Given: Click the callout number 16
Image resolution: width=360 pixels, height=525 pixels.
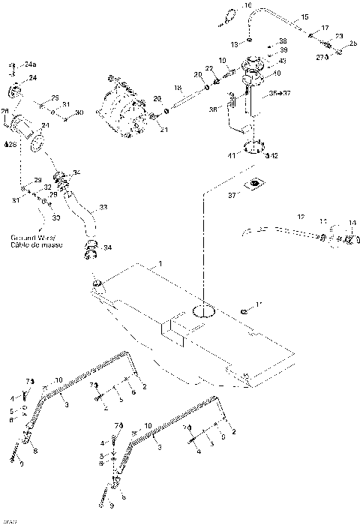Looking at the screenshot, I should point(248,6).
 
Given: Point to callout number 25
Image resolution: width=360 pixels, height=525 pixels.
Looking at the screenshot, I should point(352,44).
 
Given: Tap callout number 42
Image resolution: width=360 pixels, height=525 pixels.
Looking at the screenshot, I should point(274,156).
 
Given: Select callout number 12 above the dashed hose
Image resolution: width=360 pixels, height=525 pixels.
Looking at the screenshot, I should point(301,217).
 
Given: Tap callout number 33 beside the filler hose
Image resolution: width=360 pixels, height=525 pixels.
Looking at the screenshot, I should point(103,207).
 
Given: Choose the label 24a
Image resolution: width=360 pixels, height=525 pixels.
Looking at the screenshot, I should point(29,65).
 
